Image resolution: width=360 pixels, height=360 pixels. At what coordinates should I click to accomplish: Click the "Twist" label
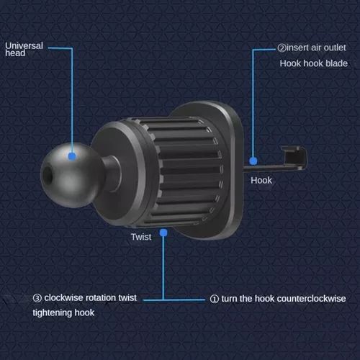coord(141,237)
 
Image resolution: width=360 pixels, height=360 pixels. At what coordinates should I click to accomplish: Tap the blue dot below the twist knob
coord(164,232)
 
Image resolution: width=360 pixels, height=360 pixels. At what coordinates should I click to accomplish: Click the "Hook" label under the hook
coord(261,180)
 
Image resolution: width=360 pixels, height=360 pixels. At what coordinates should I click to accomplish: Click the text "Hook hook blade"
coord(313,64)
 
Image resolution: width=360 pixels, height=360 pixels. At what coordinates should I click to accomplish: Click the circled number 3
coord(37,297)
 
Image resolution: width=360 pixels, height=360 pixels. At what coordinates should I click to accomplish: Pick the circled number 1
coord(214,297)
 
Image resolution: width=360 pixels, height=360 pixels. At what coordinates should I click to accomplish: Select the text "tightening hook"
coord(63,312)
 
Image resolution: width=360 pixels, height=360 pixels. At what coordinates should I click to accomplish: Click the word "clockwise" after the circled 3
coord(64,297)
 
